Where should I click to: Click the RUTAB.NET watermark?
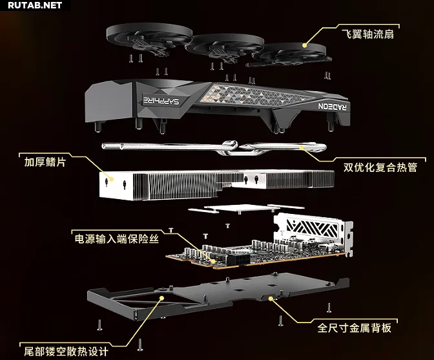[35, 5]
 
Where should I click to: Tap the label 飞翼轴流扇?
[367, 35]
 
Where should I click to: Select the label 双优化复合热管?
[380, 167]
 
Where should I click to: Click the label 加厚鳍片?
[45, 162]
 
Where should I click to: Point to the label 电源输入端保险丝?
[116, 238]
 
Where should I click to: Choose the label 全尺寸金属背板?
[355, 328]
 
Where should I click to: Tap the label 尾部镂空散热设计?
[66, 352]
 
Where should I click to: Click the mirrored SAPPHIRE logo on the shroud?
[161, 100]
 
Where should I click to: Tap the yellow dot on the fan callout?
[304, 45]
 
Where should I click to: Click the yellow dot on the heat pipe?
[301, 147]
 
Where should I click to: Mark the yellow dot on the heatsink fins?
[111, 179]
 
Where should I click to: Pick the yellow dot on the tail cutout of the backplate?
[162, 298]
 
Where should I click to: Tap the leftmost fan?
[149, 39]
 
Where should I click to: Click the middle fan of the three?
[224, 47]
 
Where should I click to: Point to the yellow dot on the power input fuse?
[213, 261]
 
